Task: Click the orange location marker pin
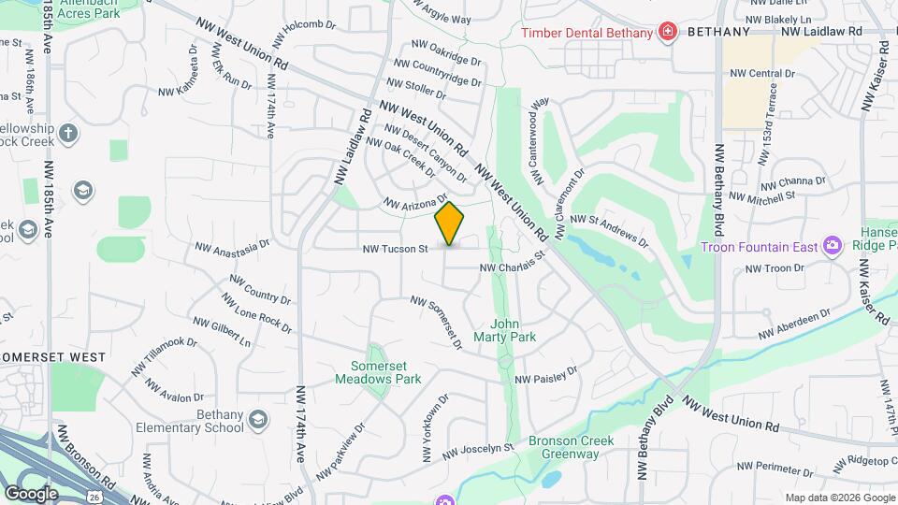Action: (450, 224)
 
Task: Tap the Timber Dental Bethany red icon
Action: (667, 33)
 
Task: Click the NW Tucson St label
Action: (397, 249)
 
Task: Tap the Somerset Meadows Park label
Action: (386, 372)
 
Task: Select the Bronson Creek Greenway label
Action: (563, 447)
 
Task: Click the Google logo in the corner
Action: (31, 493)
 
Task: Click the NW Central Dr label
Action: (763, 73)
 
